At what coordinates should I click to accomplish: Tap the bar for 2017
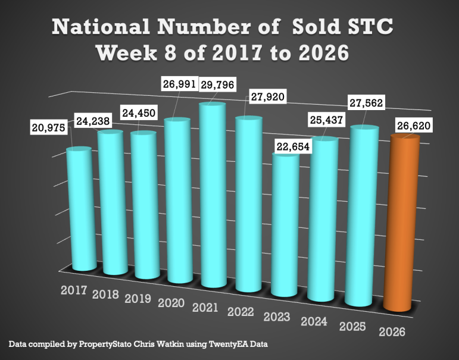click(x=78, y=208)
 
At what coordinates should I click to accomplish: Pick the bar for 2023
click(x=285, y=223)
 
